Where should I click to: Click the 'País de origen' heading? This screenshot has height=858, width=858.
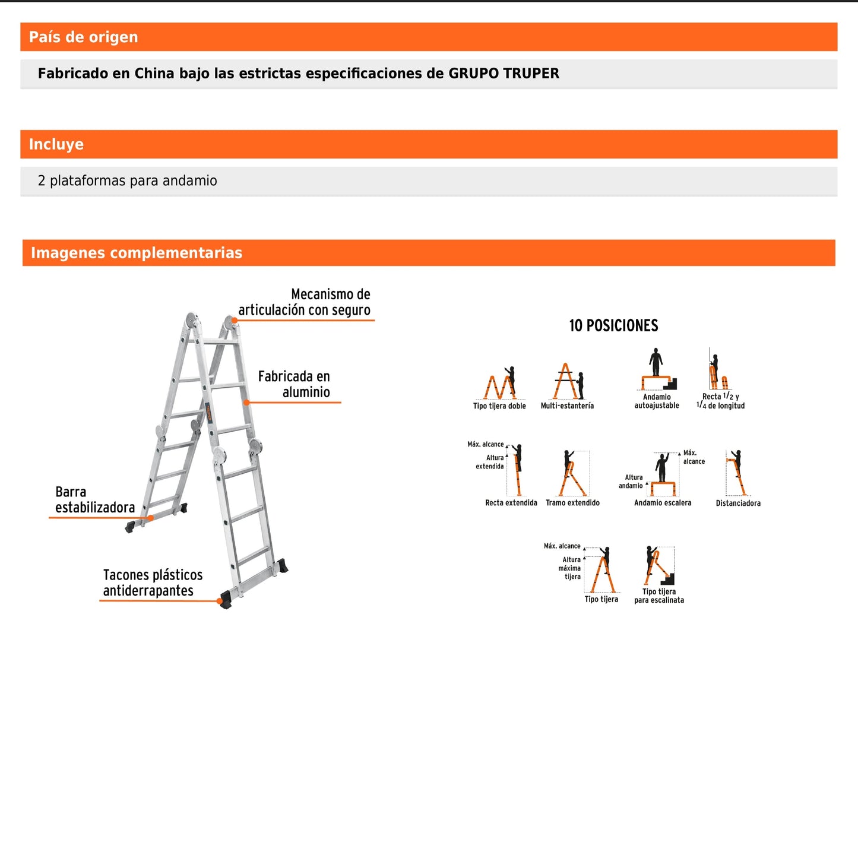point(83,37)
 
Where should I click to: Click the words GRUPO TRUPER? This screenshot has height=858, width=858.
point(504,74)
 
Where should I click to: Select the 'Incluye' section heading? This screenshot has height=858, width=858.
point(56,144)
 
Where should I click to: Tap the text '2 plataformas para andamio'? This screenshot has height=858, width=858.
point(127,181)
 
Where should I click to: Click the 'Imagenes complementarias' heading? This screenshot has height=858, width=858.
point(137,253)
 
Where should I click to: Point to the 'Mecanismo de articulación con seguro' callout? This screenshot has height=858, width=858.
point(304,302)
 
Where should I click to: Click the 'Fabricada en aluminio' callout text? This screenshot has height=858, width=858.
point(294,384)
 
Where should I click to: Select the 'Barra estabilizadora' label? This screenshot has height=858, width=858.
point(94,499)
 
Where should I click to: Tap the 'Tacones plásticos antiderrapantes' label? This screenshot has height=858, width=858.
point(153,582)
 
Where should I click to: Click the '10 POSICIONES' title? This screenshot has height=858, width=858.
point(613,325)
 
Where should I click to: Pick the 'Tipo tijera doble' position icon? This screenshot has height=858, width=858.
point(500,384)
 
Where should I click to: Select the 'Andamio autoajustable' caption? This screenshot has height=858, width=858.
point(657,401)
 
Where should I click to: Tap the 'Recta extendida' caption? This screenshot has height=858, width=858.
point(511,503)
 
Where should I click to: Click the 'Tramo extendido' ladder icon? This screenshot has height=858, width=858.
point(572,473)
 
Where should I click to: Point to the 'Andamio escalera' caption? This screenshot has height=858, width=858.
point(663,503)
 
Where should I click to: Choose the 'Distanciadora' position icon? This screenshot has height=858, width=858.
point(737,473)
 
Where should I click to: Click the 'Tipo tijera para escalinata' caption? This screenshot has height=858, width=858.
point(659,596)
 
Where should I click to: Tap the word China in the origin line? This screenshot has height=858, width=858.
point(154,74)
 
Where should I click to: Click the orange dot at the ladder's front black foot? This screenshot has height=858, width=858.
point(220,601)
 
